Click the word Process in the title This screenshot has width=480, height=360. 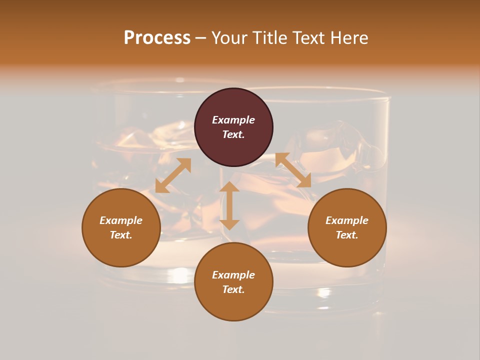(157, 38)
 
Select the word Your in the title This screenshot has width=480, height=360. (230, 38)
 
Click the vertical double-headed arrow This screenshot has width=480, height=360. (229, 205)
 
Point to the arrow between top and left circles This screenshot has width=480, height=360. (173, 175)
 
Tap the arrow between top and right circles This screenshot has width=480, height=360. (293, 170)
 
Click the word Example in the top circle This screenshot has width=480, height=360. (233, 120)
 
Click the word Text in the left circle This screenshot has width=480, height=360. (121, 235)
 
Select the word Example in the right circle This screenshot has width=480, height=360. (347, 220)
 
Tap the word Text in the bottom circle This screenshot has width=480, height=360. (233, 289)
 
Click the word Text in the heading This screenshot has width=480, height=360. (307, 38)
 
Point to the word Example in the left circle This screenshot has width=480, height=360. (121, 220)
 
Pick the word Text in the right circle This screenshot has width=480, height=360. (347, 235)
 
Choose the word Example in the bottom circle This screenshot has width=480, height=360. (233, 275)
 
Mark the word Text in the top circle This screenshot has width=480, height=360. (233, 134)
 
